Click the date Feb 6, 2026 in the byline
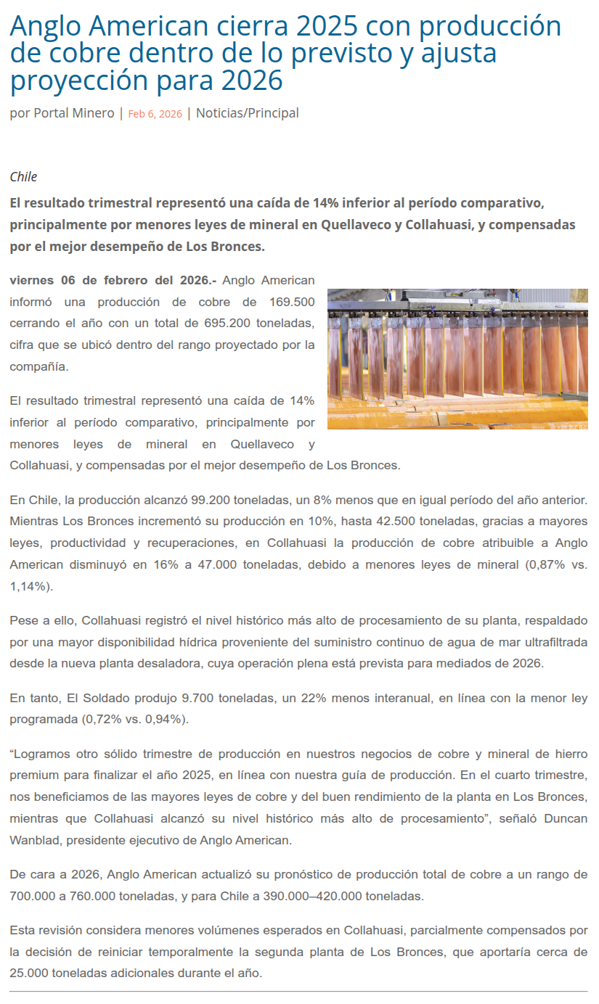coord(155,114)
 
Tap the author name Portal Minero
coord(74,113)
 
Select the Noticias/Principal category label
coord(247,113)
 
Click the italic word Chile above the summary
coord(23,177)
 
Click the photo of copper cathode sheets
coord(457,358)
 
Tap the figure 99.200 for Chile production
coord(214,500)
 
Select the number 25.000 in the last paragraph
coord(30,973)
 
